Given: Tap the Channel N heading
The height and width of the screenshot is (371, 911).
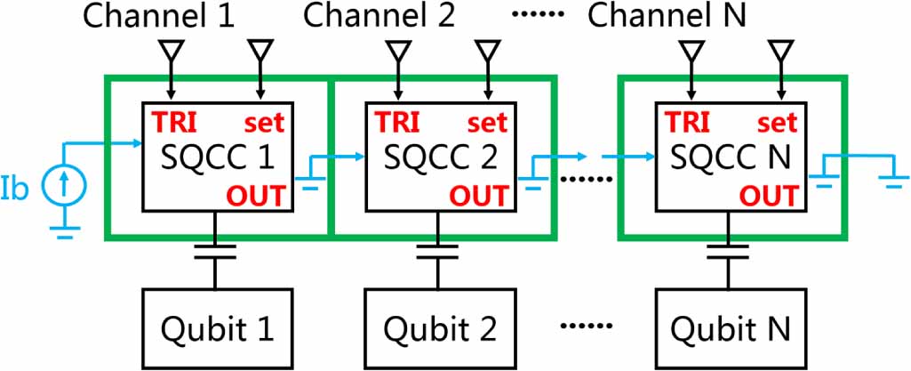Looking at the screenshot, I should point(669,17).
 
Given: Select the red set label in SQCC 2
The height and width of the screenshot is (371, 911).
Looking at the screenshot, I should point(486,121).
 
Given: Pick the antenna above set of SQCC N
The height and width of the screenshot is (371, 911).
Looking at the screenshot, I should point(780,55).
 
